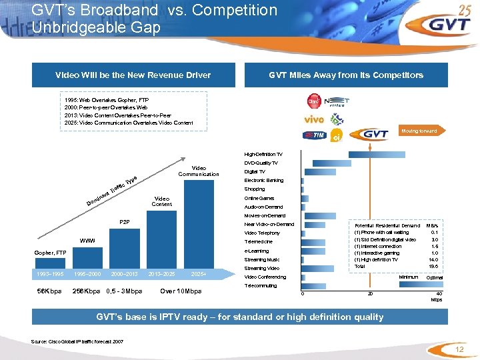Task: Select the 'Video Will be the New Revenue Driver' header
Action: point(133,75)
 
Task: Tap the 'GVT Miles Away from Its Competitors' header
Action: point(346,75)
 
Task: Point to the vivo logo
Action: point(313,121)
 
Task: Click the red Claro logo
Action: point(313,102)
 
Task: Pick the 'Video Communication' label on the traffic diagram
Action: point(199,171)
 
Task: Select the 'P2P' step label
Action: point(125,221)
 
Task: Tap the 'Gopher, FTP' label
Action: point(51,253)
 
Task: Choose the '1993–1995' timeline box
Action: point(51,273)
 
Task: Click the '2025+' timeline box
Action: point(199,273)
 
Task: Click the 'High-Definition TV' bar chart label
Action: point(263,154)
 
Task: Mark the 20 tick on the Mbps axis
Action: point(371,295)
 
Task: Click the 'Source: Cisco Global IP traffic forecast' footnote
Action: point(77,342)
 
